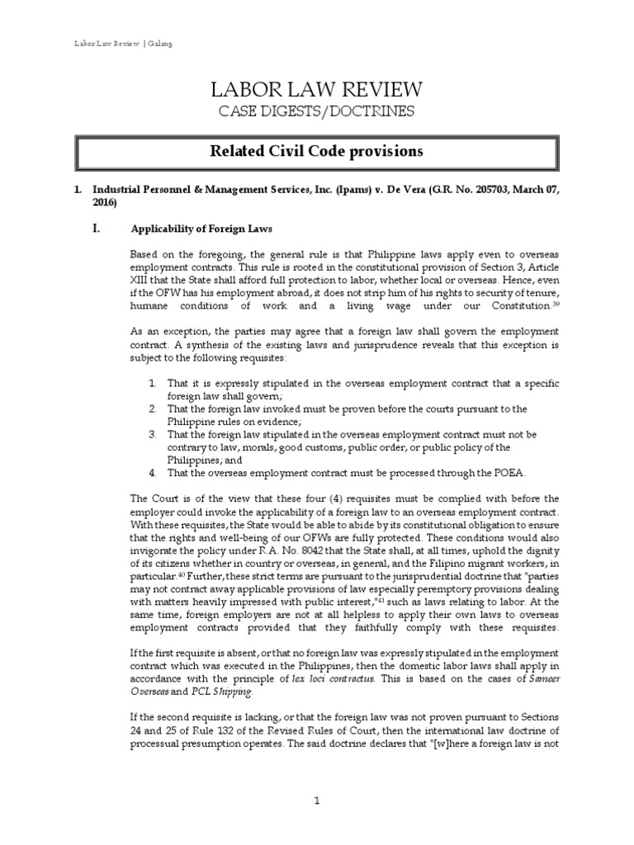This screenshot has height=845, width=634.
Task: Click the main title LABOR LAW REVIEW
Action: (316, 90)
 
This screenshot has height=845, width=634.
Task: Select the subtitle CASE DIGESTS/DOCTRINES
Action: (316, 112)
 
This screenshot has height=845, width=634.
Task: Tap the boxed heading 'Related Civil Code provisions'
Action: (316, 151)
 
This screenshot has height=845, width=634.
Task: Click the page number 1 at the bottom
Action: (316, 800)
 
